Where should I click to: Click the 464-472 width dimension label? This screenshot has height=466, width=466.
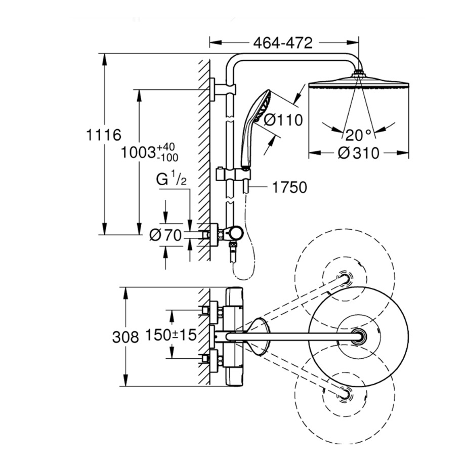pos(284,43)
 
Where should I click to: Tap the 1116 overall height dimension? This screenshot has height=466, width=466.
pos(104,135)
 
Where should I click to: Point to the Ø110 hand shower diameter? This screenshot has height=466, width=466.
pos(283,120)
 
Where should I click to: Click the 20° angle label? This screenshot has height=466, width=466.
pos(359,135)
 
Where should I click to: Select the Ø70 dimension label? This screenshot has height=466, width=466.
pos(166,235)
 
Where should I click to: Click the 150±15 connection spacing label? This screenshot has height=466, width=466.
pos(171,334)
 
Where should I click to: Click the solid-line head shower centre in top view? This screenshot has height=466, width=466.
pos(359,335)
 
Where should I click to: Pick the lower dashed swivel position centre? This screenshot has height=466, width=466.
pos(346,392)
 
